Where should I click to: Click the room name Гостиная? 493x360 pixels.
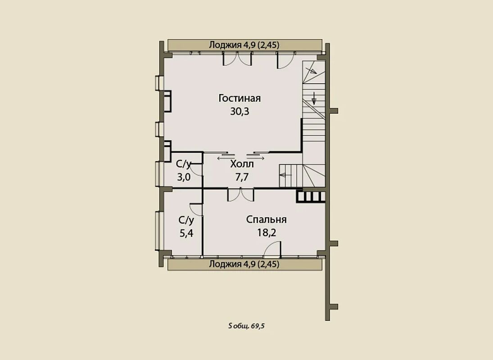point(240,98)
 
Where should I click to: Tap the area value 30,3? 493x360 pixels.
point(240,112)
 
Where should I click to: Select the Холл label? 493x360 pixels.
point(242,164)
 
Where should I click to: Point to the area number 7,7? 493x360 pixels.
point(242,177)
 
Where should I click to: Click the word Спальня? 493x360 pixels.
point(266,220)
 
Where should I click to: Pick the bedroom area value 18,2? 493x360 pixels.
point(267,233)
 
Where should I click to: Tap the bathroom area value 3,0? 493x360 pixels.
point(184,177)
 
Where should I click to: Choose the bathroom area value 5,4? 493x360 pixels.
point(186,233)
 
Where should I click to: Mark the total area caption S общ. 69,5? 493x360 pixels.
point(247,326)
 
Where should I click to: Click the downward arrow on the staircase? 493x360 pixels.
point(314,98)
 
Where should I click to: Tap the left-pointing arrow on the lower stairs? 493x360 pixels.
point(285,175)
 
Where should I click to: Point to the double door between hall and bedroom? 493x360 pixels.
point(240,195)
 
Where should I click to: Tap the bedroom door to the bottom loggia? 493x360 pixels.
point(272,248)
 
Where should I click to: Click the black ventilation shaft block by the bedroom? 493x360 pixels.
point(311,196)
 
